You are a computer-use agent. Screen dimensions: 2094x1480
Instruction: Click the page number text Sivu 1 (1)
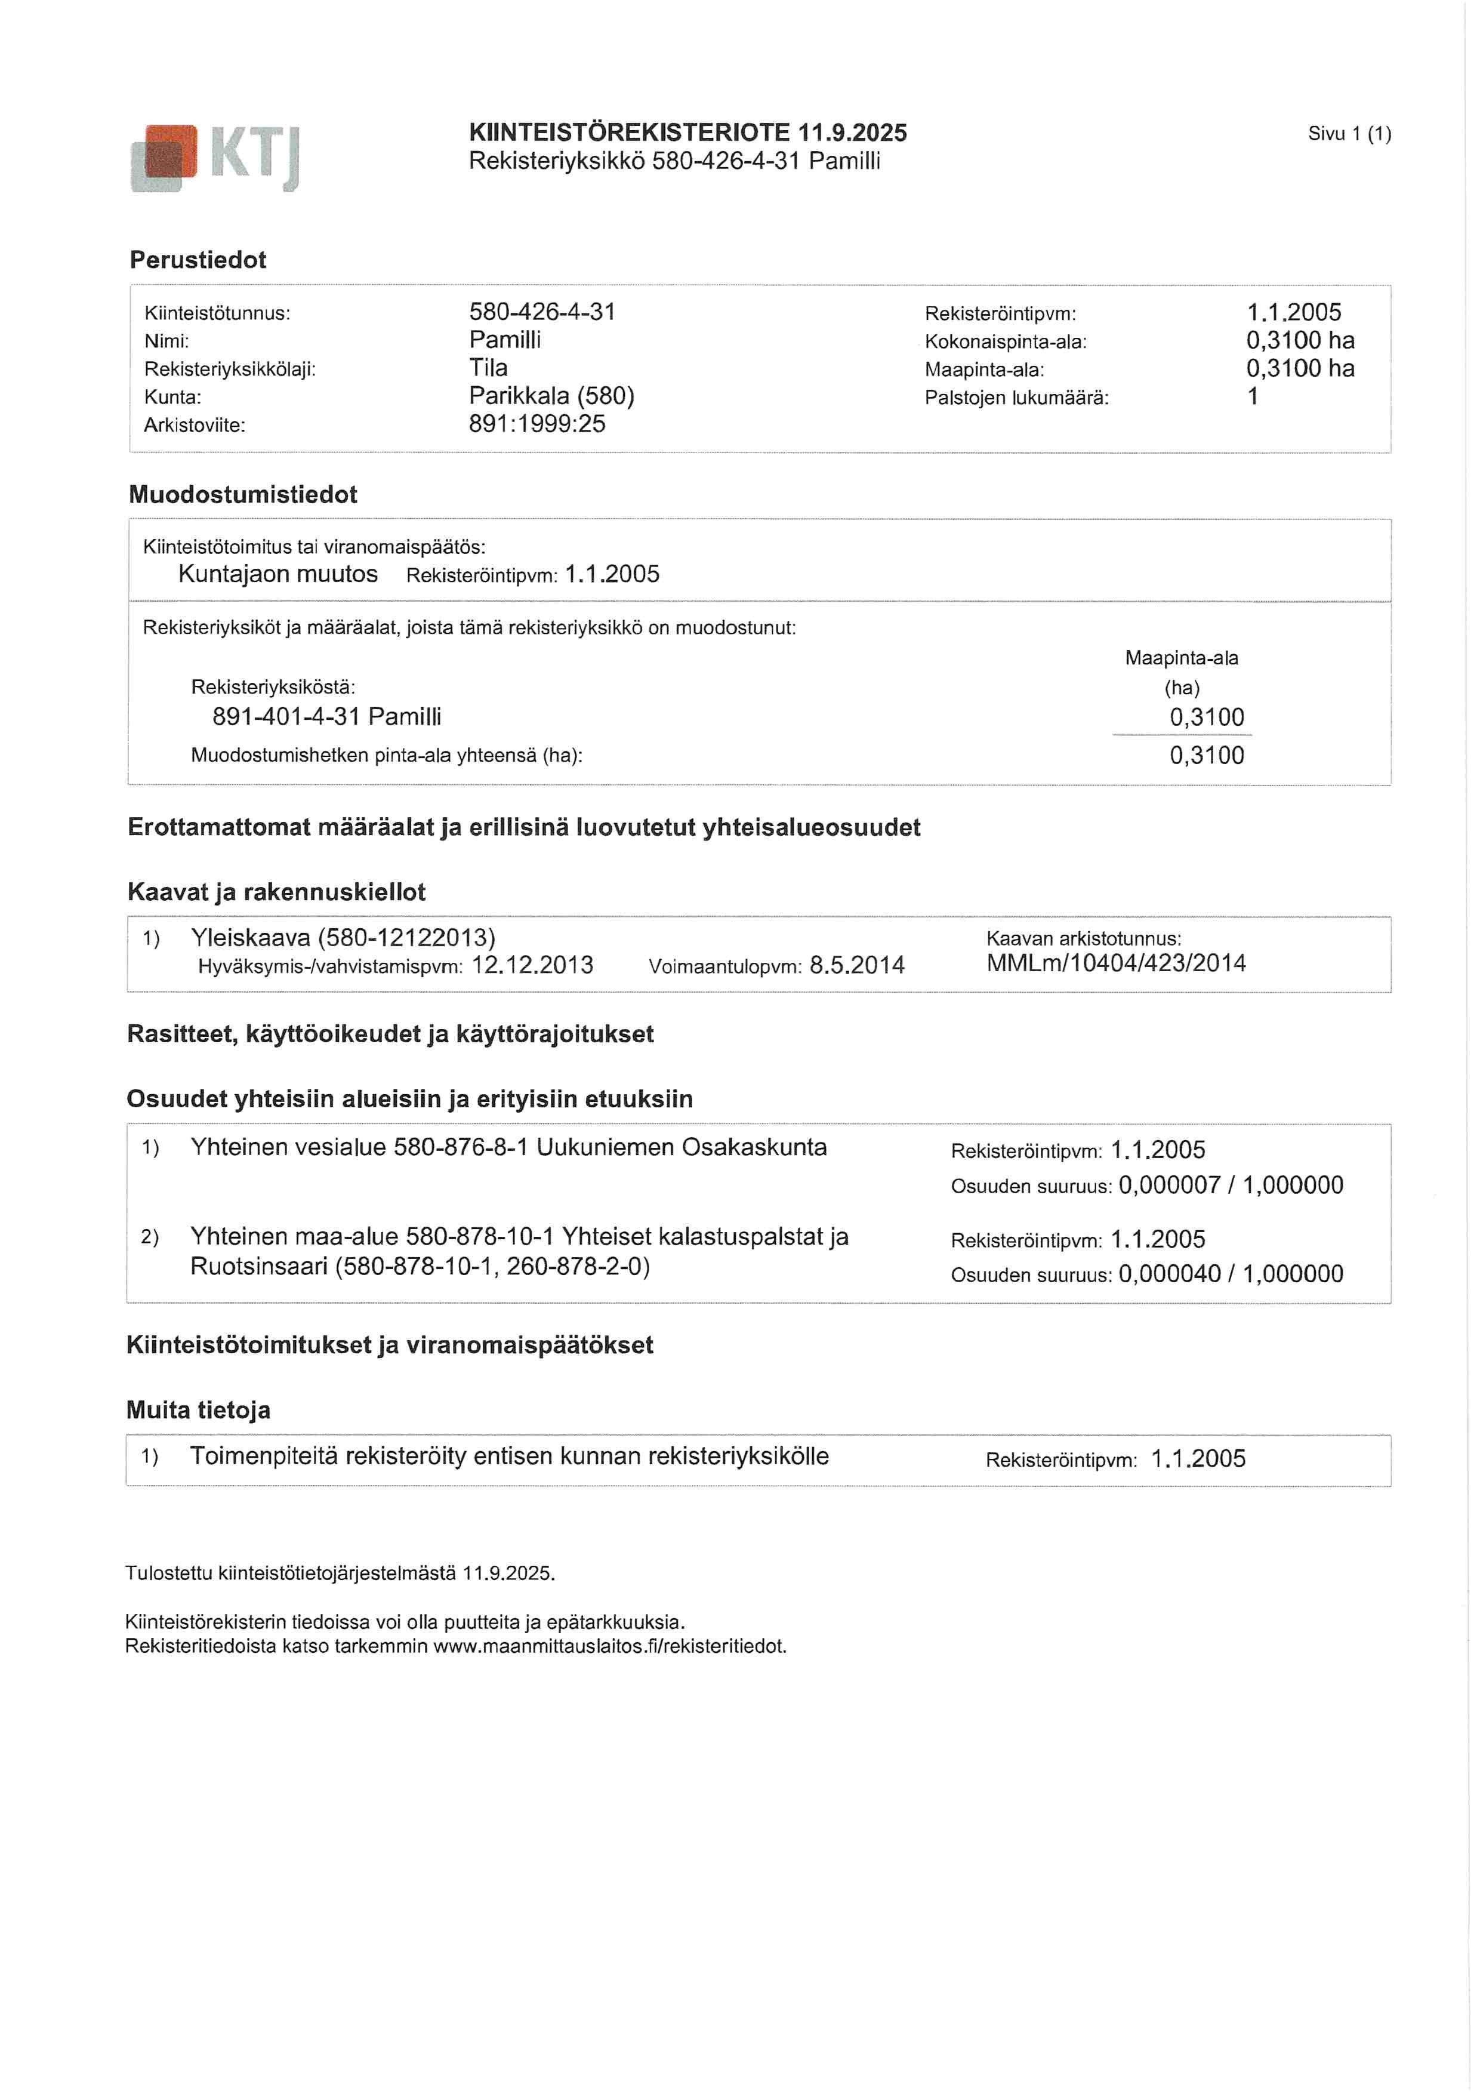(1349, 134)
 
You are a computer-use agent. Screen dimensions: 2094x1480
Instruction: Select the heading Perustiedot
(198, 260)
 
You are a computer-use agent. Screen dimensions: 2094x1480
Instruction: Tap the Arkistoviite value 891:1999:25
(537, 424)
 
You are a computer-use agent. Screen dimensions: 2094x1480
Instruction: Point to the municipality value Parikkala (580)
(551, 396)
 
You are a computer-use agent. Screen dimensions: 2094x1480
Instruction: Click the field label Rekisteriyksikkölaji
(230, 369)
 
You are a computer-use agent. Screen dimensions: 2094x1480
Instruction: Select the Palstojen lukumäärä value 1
(1253, 397)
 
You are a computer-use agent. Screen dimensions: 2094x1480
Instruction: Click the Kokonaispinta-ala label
(1005, 342)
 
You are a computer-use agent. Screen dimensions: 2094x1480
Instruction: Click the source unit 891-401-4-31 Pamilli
(326, 717)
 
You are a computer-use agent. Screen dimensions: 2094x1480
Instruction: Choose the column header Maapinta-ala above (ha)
(1181, 658)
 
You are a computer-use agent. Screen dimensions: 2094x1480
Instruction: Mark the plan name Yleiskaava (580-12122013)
(343, 938)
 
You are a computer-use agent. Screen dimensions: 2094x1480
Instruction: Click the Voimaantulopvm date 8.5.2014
(856, 966)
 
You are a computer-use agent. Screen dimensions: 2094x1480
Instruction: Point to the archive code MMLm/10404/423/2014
(1115, 963)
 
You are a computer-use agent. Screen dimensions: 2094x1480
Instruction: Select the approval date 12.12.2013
(532, 966)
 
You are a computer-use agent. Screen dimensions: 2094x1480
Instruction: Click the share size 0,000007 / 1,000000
(1230, 1185)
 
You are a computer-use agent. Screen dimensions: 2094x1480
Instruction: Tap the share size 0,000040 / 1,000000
(1230, 1274)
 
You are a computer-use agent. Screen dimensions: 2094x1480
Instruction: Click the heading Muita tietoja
(198, 1411)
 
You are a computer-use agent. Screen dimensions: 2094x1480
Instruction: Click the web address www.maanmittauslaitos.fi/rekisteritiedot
(609, 1646)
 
